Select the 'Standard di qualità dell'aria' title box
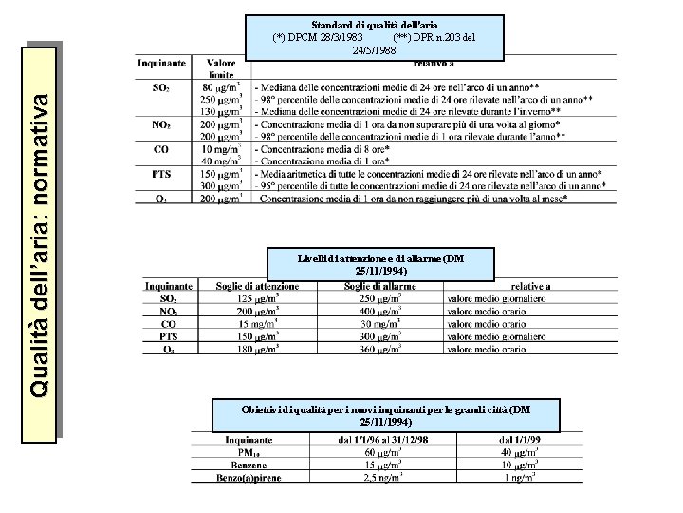374,35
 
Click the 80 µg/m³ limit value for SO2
221,87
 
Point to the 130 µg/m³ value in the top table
221,111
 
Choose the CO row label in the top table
161,149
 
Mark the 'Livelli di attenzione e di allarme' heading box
380,264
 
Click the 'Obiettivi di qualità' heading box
386,415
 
